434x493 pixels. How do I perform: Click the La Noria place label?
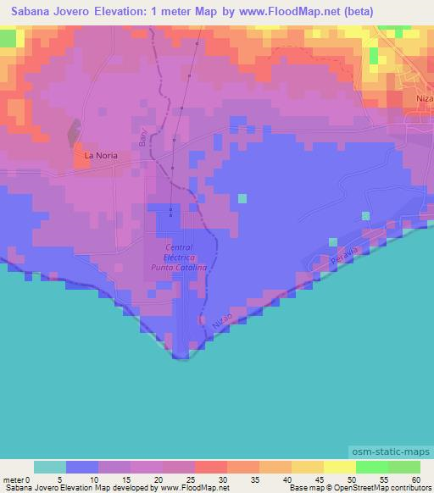point(100,155)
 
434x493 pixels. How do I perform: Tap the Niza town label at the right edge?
point(424,97)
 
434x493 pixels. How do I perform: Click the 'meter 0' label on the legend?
point(16,479)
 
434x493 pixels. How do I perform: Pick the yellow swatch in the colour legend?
point(339,467)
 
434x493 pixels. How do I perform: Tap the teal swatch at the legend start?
point(49,467)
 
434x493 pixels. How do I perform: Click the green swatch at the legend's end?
point(403,467)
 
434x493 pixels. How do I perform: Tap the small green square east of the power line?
point(242,198)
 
